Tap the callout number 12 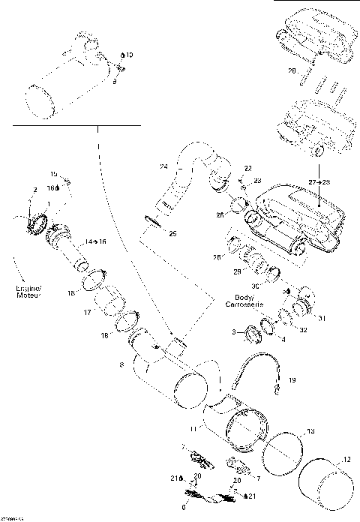pos(346,460)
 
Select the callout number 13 pos(311,432)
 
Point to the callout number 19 pos(292,380)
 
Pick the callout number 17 pos(87,312)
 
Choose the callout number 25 pos(172,234)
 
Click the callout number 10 pos(129,55)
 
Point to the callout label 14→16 pos(96,242)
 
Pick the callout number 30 pos(254,286)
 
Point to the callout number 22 pos(248,168)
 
